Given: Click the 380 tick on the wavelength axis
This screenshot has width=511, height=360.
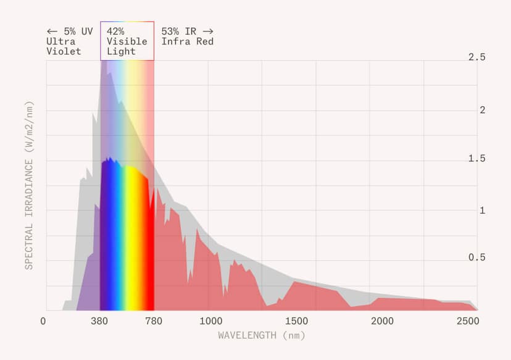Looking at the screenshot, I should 100,322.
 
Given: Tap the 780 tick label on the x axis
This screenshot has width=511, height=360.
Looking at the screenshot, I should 154,322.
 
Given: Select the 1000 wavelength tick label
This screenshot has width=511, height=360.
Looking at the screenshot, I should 211,322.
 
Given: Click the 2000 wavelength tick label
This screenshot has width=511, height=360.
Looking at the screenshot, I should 383,322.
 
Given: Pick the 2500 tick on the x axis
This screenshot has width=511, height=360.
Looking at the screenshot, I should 468,322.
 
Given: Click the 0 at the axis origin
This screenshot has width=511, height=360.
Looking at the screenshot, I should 43,322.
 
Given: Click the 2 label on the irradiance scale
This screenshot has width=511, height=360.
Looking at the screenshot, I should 482,110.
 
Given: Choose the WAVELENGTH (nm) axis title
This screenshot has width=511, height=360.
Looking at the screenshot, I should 261,335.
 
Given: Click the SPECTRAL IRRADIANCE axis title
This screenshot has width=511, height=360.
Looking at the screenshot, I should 28,185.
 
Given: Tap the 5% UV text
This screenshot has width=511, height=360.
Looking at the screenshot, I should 70,31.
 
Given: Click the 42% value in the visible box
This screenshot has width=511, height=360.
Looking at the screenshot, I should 116,31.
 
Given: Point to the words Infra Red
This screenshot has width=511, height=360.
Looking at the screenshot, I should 188,41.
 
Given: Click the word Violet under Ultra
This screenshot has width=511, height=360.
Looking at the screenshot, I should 64,51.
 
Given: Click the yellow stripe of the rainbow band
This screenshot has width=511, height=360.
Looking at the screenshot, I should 131,247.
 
